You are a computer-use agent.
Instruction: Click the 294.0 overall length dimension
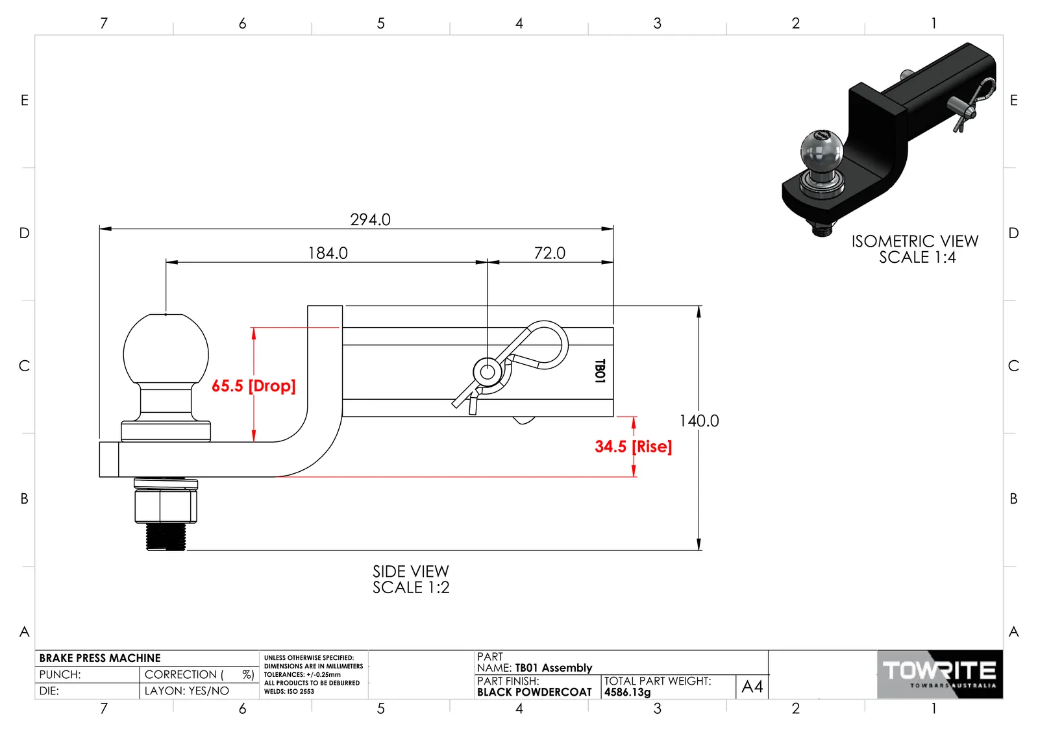pyautogui.click(x=370, y=219)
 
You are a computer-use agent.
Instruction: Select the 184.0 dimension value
pyautogui.click(x=328, y=253)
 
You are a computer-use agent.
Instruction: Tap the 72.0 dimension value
pyautogui.click(x=550, y=253)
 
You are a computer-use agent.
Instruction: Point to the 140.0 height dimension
pyautogui.click(x=698, y=421)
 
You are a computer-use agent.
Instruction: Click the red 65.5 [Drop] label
pyautogui.click(x=253, y=385)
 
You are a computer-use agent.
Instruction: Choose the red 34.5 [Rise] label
pyautogui.click(x=633, y=447)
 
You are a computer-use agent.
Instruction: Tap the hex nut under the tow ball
pyautogui.click(x=166, y=506)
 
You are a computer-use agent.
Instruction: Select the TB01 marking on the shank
pyautogui.click(x=600, y=371)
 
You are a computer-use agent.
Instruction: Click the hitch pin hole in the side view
pyautogui.click(x=487, y=372)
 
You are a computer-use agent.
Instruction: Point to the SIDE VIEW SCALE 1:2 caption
pyautogui.click(x=411, y=580)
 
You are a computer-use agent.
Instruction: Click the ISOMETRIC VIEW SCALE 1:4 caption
pyautogui.click(x=915, y=249)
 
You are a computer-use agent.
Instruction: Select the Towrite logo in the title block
pyautogui.click(x=940, y=674)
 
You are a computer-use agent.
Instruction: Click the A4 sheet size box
pyautogui.click(x=752, y=686)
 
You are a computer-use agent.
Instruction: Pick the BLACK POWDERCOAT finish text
pyautogui.click(x=534, y=692)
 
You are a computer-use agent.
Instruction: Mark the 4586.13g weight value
pyautogui.click(x=628, y=692)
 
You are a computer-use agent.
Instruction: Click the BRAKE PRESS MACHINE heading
pyautogui.click(x=99, y=658)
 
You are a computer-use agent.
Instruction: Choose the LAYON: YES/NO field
pyautogui.click(x=187, y=691)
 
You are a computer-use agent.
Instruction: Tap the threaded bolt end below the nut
pyautogui.click(x=166, y=537)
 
